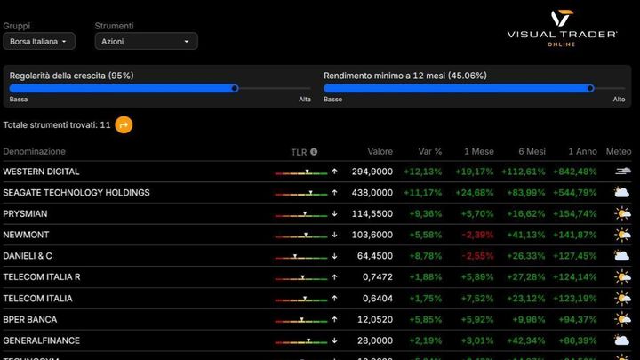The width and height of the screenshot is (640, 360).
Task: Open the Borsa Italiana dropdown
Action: pos(38,41)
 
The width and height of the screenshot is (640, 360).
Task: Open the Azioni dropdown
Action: pos(146,41)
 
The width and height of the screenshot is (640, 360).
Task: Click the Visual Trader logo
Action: pos(562,28)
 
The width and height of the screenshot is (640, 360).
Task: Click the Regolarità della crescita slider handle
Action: pos(235,88)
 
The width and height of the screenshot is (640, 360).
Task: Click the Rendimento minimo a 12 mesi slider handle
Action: pos(590,88)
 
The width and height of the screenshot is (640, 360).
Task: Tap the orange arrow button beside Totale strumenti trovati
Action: pos(124,124)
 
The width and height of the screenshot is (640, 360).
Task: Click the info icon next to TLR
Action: pos(314,152)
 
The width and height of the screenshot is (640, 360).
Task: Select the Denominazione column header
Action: pos(34,152)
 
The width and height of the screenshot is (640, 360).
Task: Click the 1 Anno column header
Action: pos(581,152)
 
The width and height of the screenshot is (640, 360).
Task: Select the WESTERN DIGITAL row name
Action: pos(41,172)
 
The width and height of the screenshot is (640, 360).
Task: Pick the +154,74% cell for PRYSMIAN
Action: pos(574,214)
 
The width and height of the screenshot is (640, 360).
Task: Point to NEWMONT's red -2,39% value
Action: pos(477,235)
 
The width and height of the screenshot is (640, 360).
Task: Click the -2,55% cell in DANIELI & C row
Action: pos(477,256)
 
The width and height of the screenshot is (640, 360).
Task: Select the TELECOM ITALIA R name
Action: pos(42,277)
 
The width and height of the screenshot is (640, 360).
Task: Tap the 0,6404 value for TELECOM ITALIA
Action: pos(376,299)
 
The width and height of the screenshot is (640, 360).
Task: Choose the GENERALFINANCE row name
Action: pos(41,340)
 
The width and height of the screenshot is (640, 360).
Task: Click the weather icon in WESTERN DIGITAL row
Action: pos(622,172)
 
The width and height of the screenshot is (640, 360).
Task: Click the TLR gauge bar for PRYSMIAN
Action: pos(300,214)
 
